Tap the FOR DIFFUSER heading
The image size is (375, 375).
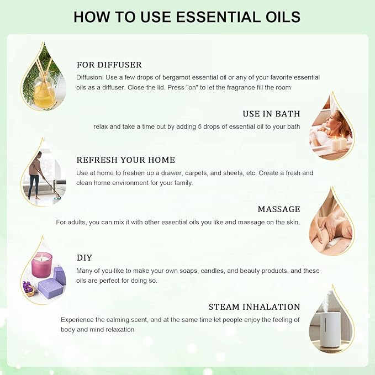(109, 65)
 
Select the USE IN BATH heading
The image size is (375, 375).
(271, 114)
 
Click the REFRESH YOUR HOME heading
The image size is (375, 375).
(125, 160)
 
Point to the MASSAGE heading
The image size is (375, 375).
(279, 209)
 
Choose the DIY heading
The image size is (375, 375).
(84, 258)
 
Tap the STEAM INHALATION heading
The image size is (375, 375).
(254, 307)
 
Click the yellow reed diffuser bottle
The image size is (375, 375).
(44, 93)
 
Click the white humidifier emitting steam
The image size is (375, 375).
(330, 329)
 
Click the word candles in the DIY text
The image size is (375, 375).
(205, 271)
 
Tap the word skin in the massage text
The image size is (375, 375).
(292, 222)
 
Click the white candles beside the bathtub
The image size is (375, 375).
(339, 143)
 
